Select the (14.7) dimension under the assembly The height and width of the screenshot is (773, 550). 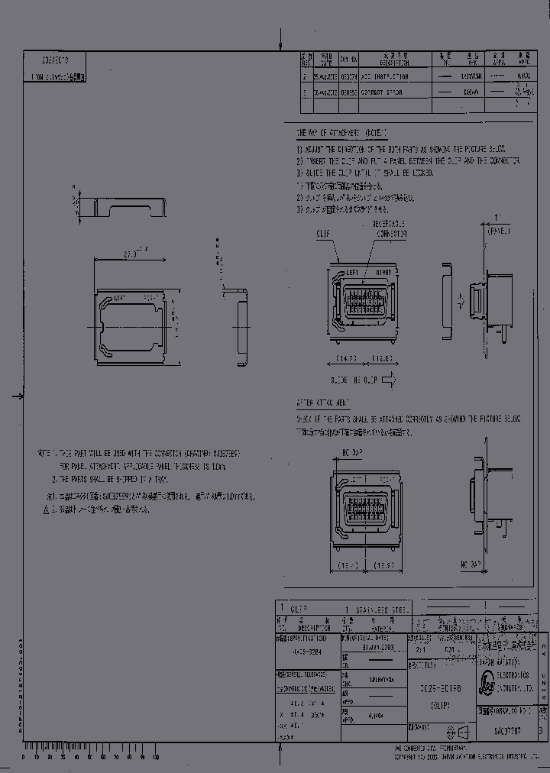click(x=348, y=357)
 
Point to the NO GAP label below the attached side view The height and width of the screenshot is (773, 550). click(x=471, y=565)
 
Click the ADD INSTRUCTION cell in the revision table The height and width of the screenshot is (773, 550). click(x=384, y=76)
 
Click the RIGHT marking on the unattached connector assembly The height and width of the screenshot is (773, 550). click(x=383, y=272)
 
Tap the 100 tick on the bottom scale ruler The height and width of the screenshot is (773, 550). click(x=156, y=757)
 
